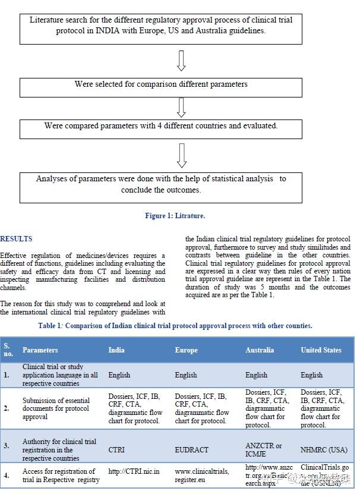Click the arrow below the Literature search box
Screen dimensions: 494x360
click(182, 61)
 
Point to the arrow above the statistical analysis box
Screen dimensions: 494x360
click(182, 155)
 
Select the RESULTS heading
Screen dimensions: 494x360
click(17, 239)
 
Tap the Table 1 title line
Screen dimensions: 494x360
click(175, 326)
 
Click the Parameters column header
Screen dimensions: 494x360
click(40, 350)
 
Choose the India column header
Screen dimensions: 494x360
click(116, 350)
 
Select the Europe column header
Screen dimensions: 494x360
click(186, 350)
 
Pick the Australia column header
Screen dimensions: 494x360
click(260, 350)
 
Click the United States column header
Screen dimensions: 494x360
click(321, 350)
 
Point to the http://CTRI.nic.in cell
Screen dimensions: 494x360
click(134, 471)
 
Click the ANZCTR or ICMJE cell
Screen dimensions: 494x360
click(263, 450)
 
